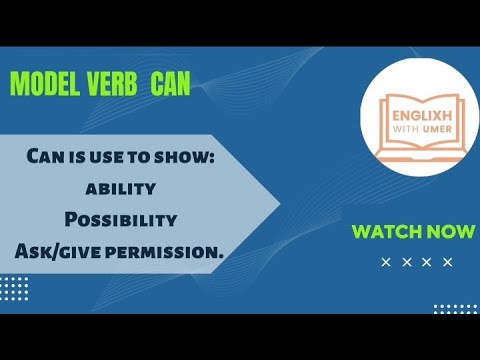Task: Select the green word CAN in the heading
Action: (169, 86)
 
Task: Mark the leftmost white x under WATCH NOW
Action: (387, 263)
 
